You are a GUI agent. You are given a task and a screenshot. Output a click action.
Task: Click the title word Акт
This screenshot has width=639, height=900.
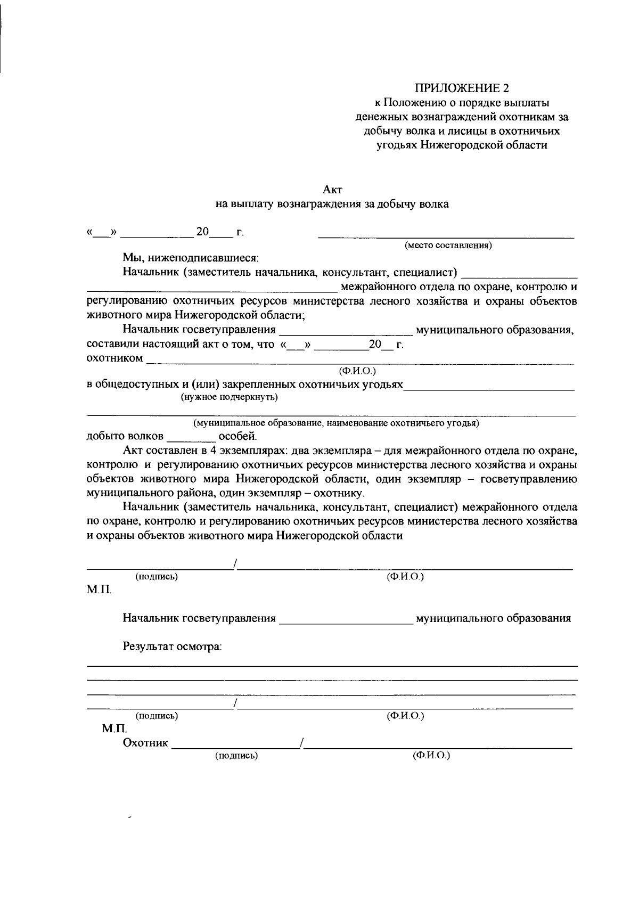pyautogui.click(x=333, y=189)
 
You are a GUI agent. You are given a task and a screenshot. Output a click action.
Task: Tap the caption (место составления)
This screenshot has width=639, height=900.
pyautogui.click(x=448, y=246)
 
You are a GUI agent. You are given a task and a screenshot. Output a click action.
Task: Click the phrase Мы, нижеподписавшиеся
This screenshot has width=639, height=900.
pyautogui.click(x=190, y=258)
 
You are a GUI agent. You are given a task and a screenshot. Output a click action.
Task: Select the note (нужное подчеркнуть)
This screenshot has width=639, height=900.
pyautogui.click(x=229, y=397)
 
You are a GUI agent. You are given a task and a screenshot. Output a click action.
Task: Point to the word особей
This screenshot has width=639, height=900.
pyautogui.click(x=237, y=437)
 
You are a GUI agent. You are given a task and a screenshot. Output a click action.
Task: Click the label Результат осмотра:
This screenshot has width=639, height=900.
pyautogui.click(x=172, y=647)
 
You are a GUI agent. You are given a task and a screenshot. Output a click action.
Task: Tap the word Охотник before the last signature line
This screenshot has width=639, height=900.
pyautogui.click(x=145, y=742)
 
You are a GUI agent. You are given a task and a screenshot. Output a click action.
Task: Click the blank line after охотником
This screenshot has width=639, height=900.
pyautogui.click(x=360, y=363)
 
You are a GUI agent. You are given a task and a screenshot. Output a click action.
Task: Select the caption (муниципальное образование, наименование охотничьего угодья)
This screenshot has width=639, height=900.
pyautogui.click(x=336, y=423)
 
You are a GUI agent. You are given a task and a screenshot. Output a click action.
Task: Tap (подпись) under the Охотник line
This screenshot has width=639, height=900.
pyautogui.click(x=236, y=756)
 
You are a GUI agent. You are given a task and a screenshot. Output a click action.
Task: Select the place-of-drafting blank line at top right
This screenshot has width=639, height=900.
pyautogui.click(x=446, y=235)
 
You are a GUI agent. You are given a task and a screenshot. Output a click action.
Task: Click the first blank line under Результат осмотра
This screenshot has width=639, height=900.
pyautogui.click(x=332, y=666)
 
